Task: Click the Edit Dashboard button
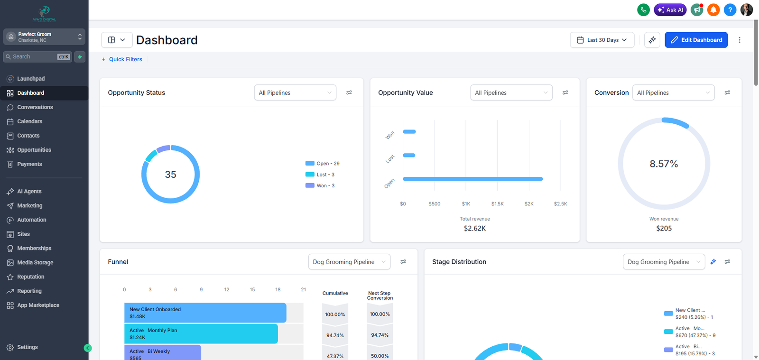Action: coord(696,40)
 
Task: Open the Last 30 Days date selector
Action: coord(602,40)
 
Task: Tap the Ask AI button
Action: coord(670,9)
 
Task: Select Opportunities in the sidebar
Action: coord(34,150)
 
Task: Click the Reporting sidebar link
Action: coord(29,291)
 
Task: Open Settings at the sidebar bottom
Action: coord(27,347)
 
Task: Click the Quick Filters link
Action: coord(125,59)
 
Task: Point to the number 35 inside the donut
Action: coord(170,175)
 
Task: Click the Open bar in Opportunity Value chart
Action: coord(472,179)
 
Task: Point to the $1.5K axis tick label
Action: coord(497,204)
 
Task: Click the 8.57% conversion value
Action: coord(664,164)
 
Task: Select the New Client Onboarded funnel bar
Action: coord(205,313)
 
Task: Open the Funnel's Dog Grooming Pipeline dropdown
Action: coord(349,262)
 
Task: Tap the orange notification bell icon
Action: coord(713,9)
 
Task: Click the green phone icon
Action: coord(643,9)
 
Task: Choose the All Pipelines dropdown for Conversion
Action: coord(673,93)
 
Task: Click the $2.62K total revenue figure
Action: coord(474,229)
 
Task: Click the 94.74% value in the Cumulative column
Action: coord(335,335)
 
